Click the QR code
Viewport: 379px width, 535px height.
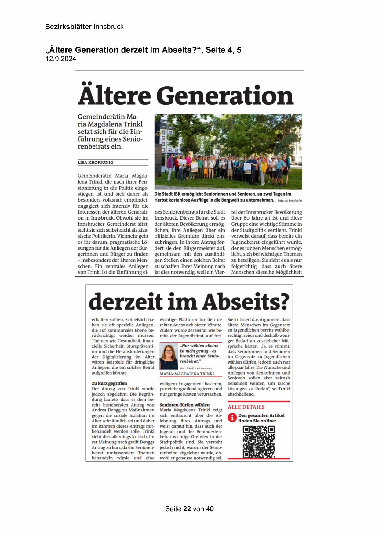[x=259, y=442]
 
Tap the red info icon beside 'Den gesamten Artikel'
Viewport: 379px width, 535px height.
[x=232, y=418]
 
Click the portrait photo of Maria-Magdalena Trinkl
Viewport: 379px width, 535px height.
[x=169, y=357]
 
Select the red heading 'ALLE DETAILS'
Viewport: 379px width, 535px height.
[x=246, y=407]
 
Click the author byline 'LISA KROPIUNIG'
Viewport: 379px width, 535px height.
[x=96, y=163]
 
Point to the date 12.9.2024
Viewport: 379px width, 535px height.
[x=61, y=59]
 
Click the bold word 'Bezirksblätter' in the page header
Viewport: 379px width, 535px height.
[x=68, y=27]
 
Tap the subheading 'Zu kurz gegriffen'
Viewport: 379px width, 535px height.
[x=109, y=383]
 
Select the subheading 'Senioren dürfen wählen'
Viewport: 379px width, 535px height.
[x=184, y=405]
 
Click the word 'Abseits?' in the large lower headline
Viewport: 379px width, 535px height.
[x=246, y=301]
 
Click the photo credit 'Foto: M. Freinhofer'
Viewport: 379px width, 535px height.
[x=290, y=201]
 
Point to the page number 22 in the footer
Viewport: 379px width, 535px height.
[x=187, y=509]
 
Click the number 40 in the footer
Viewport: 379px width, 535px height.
[x=210, y=509]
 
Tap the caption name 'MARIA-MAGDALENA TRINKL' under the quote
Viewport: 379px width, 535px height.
[x=187, y=374]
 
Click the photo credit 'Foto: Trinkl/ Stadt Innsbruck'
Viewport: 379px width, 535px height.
[x=196, y=368]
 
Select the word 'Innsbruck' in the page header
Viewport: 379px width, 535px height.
[x=108, y=27]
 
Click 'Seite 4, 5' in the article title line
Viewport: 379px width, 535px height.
[x=223, y=50]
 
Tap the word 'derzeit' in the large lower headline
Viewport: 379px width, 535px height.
[x=126, y=301]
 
